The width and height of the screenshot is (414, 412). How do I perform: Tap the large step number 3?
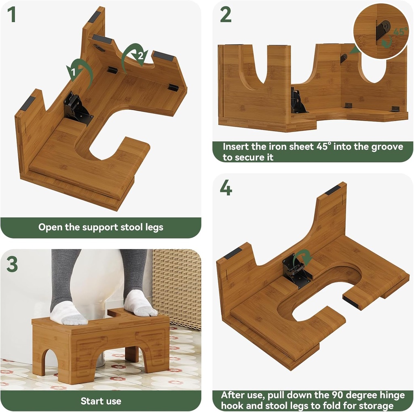(x=12, y=264)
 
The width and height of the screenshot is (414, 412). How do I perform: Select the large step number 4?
(x=226, y=188)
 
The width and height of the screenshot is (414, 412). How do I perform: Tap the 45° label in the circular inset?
(x=400, y=31)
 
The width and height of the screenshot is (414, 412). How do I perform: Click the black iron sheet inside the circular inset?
(x=382, y=30)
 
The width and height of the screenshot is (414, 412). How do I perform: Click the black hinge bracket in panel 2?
(x=298, y=101)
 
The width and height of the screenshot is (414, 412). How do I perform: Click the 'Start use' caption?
(x=101, y=401)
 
